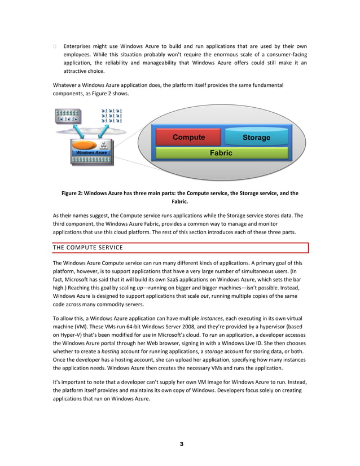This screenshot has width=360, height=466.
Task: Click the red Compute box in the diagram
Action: coord(188,137)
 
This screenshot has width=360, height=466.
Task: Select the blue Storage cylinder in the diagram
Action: coord(256,137)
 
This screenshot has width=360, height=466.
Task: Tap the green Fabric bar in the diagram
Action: coord(221,153)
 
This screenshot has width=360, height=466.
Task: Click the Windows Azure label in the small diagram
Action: coord(91,153)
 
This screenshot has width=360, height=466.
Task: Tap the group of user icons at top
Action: coord(111,116)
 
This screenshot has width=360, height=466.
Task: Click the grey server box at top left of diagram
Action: coord(68,116)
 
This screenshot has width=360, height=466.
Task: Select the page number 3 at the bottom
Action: coord(181,444)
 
